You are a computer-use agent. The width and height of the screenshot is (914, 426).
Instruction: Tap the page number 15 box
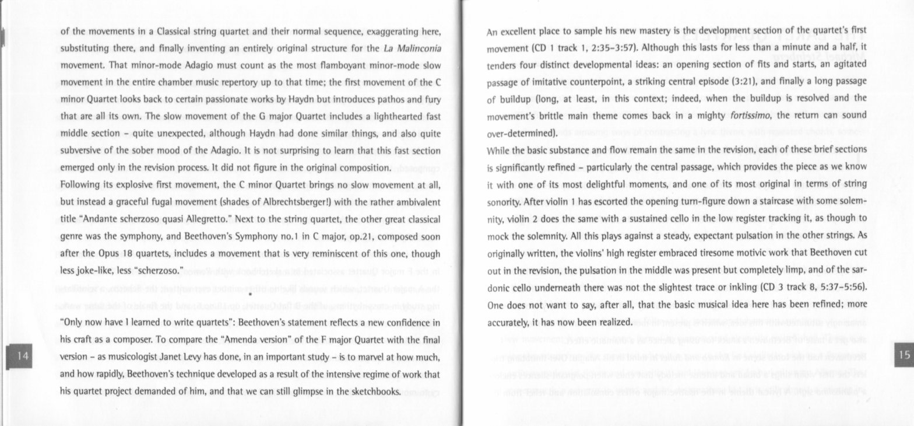point(904,355)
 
